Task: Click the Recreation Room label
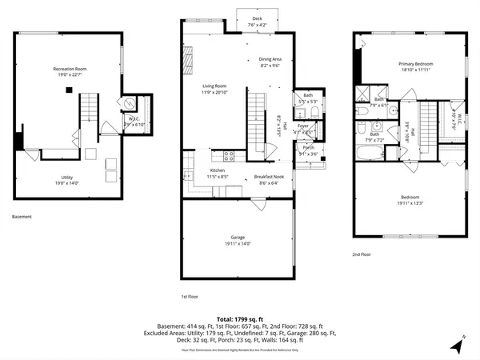(x=70, y=70)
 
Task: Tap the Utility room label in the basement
(x=67, y=177)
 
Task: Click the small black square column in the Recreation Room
(x=70, y=89)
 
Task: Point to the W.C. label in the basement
(x=134, y=118)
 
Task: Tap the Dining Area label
(x=270, y=58)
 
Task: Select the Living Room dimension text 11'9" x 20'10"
(x=214, y=93)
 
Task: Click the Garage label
(x=238, y=238)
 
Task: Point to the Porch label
(x=308, y=147)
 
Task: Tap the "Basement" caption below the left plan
(x=22, y=217)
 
